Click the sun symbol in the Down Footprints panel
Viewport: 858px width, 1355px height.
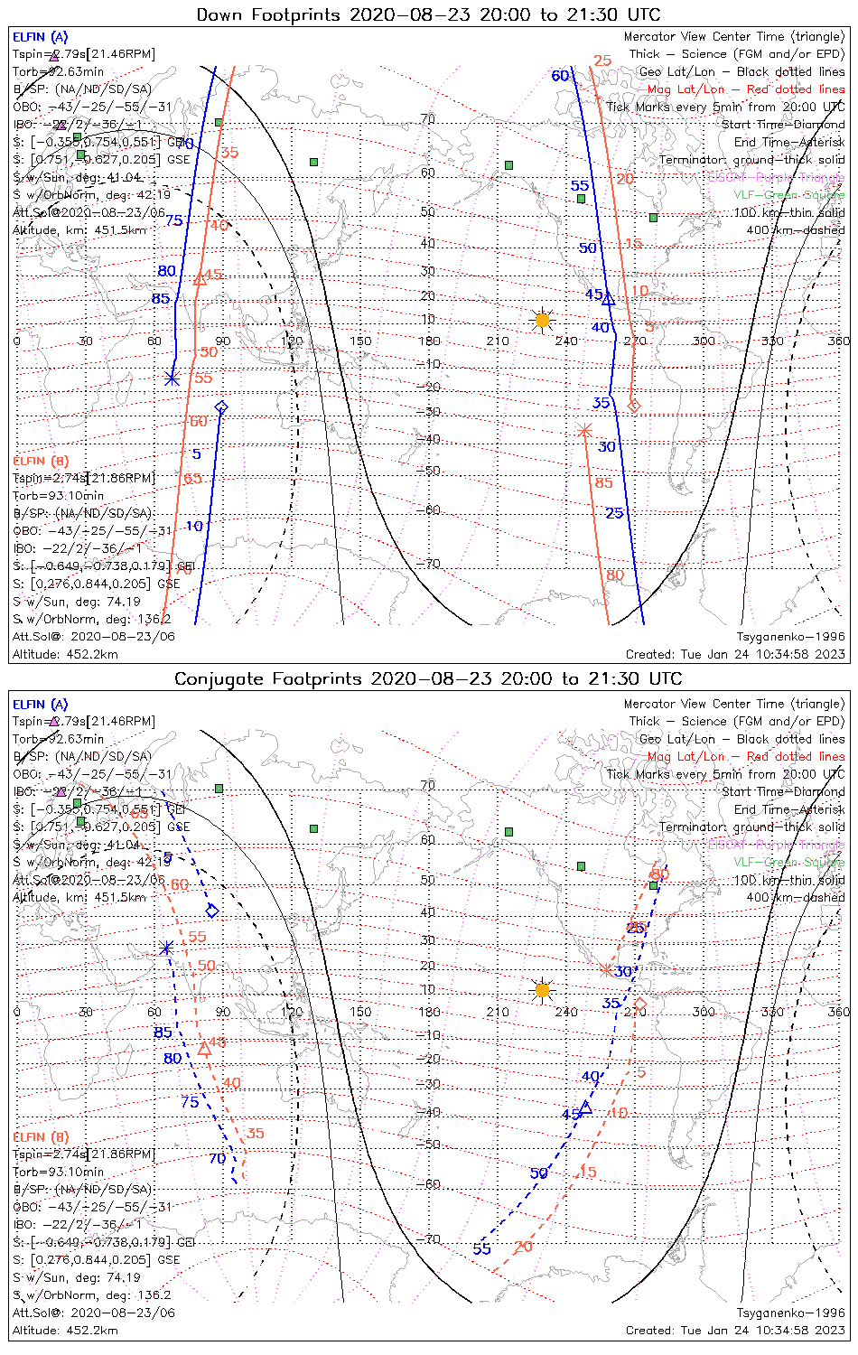(x=542, y=320)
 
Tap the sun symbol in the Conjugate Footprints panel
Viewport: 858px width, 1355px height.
(x=542, y=990)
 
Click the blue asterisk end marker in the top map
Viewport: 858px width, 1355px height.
(x=172, y=378)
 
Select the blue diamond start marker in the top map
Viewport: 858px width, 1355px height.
(x=221, y=407)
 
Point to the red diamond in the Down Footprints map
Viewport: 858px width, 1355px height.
(x=634, y=406)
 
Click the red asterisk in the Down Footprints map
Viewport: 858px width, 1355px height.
(x=584, y=430)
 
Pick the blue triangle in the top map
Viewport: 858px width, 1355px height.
(x=608, y=297)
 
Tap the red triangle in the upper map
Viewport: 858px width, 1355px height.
(x=201, y=279)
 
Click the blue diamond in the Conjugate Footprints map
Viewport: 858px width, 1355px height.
(x=212, y=911)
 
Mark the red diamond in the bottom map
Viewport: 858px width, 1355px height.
(x=640, y=1005)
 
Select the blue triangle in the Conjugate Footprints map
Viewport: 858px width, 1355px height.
(x=585, y=1107)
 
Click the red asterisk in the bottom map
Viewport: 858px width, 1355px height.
(x=606, y=970)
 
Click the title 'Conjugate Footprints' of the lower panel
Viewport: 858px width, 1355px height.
(x=427, y=678)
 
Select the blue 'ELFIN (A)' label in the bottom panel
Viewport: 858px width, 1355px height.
(x=41, y=705)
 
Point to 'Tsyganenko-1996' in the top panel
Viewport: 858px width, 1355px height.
(x=790, y=637)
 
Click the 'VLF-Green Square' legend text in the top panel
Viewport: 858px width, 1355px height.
(x=788, y=195)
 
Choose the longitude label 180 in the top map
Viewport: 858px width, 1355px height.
(x=428, y=341)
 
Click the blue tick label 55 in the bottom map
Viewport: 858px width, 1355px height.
(x=481, y=1248)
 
